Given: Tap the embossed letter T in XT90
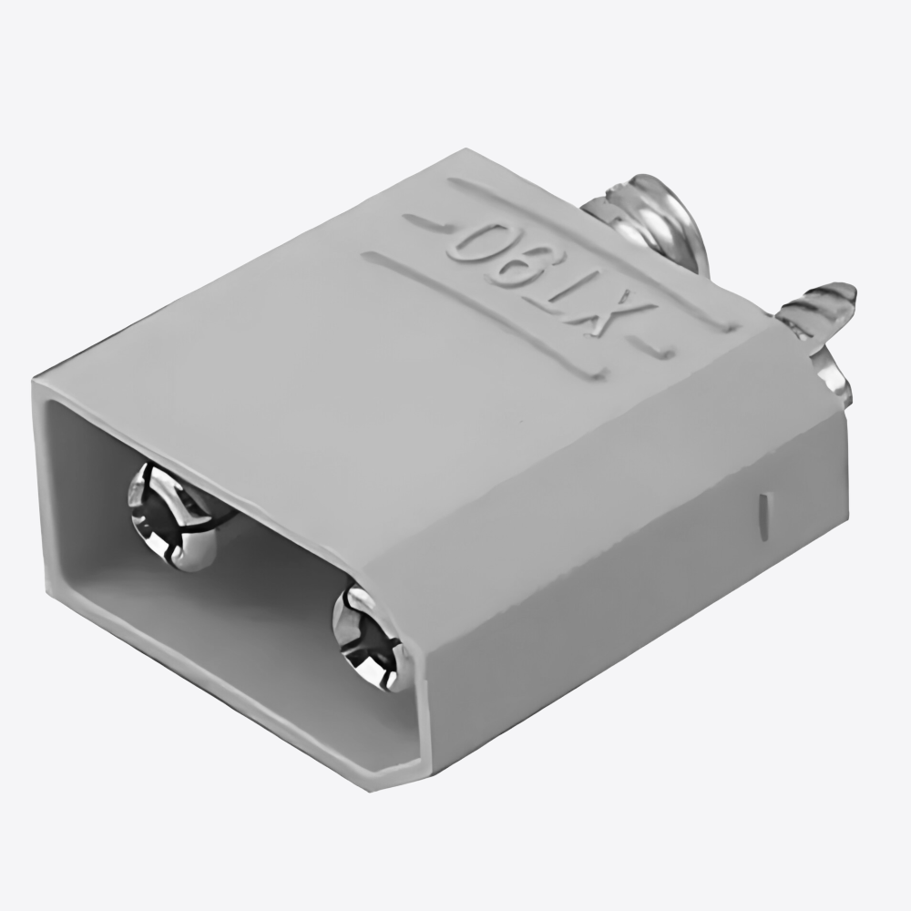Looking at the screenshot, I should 574,278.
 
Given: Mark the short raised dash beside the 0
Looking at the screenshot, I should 424,220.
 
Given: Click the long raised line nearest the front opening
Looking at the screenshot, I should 483,314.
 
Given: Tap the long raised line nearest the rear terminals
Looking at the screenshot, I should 592,248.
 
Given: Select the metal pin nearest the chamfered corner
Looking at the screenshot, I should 369,638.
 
